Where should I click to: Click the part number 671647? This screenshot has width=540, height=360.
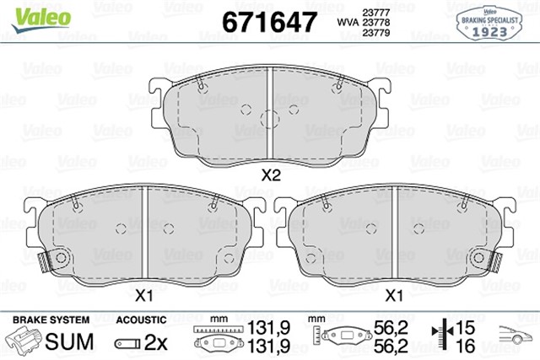coord(269,22)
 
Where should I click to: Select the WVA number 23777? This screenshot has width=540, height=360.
coord(376,13)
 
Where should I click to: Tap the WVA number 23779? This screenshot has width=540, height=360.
coord(376,32)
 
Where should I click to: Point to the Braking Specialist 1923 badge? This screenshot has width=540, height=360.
coord(489,24)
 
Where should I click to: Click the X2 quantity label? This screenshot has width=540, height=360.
coord(271,175)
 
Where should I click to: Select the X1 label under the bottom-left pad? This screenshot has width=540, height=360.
coord(144,296)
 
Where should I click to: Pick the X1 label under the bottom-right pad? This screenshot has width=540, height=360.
coord(394,296)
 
